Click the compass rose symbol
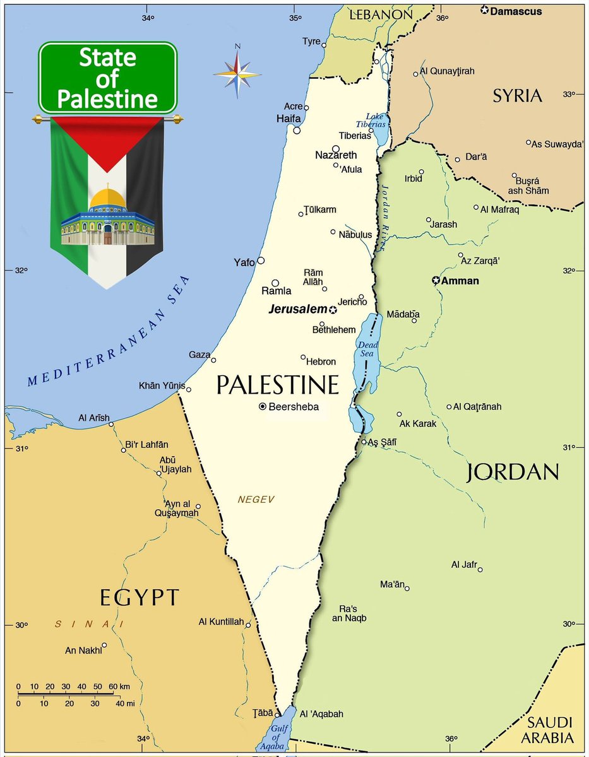click(237, 74)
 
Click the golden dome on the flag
click(107, 199)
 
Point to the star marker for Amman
click(436, 280)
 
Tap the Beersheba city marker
click(263, 407)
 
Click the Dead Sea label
click(367, 349)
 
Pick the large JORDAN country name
click(513, 472)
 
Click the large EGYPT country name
click(140, 596)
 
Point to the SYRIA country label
click(517, 96)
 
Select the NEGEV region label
click(256, 500)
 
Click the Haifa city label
click(287, 119)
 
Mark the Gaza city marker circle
click(213, 360)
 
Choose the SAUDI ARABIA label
click(550, 730)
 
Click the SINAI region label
click(88, 625)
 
